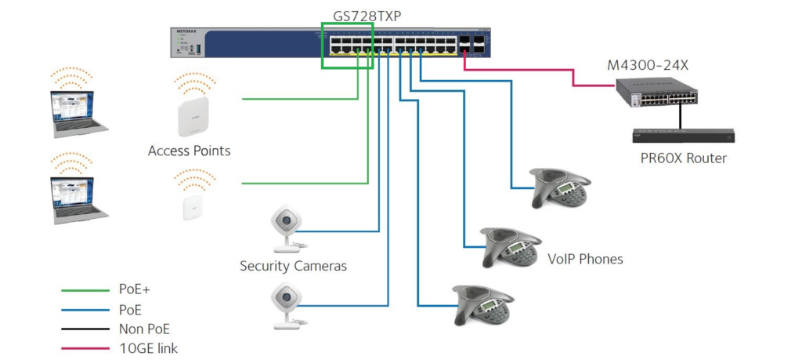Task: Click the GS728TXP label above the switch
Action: [x=367, y=16]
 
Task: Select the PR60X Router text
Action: [x=683, y=158]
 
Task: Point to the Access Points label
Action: [x=190, y=151]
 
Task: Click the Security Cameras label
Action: [x=293, y=267]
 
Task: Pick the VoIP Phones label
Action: [x=585, y=259]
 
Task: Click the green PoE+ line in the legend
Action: [x=85, y=290]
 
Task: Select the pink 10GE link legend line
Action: [x=85, y=349]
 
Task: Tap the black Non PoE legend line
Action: [x=85, y=329]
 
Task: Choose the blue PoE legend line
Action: [x=85, y=310]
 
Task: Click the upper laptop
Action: [x=78, y=114]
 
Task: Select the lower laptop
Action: [x=78, y=200]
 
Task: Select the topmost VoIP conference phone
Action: [x=560, y=187]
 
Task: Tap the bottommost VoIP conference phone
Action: [x=482, y=305]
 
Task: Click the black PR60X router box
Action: [x=683, y=136]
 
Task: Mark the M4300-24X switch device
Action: [x=657, y=93]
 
